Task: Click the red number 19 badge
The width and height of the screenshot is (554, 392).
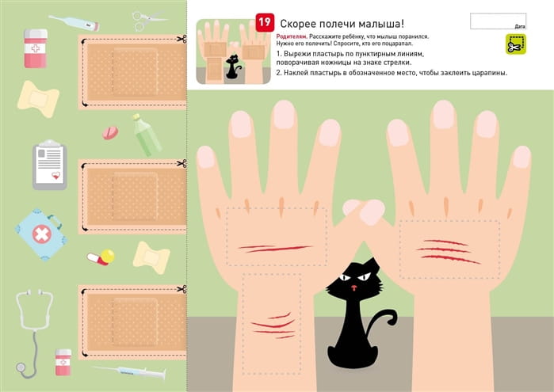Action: (x=265, y=23)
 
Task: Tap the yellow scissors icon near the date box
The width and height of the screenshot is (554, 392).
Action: (x=516, y=44)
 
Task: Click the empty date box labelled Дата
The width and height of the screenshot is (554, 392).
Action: (x=498, y=21)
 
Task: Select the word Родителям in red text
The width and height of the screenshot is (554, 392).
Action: (x=292, y=36)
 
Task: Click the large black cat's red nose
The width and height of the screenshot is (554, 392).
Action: (x=353, y=287)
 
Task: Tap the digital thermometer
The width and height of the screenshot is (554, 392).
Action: (x=74, y=23)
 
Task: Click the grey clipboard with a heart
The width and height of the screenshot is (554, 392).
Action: (x=49, y=165)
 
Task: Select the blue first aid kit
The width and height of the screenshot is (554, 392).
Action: (x=42, y=234)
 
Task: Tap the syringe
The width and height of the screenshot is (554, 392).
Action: (x=130, y=372)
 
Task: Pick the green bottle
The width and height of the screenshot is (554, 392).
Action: (x=147, y=135)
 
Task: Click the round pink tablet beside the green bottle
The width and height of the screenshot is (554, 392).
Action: (x=111, y=132)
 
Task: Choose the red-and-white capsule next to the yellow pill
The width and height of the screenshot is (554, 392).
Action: (x=97, y=259)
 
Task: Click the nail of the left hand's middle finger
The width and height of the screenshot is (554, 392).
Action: (x=284, y=114)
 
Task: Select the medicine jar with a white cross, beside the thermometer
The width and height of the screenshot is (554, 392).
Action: (x=36, y=48)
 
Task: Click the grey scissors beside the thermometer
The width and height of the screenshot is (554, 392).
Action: (x=147, y=20)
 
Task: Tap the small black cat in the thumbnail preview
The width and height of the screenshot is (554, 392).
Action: (x=232, y=67)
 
